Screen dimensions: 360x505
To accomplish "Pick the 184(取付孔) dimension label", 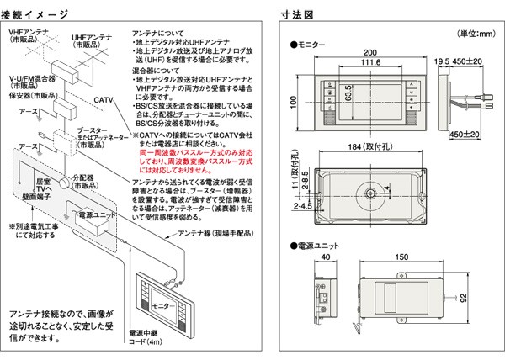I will (359, 150).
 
